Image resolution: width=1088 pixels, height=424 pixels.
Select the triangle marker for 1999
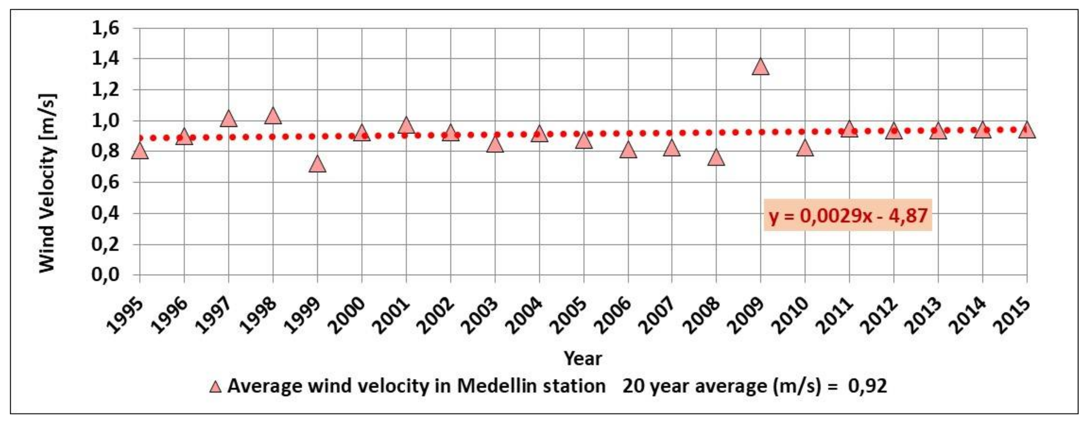click(317, 165)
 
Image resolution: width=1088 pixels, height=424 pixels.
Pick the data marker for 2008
click(716, 158)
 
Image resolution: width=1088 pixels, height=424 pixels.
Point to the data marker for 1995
click(140, 152)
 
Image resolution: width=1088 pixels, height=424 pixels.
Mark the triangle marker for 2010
click(805, 149)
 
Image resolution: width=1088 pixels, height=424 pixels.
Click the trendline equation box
click(848, 216)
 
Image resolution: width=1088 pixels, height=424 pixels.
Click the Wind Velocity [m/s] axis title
click(47, 183)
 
